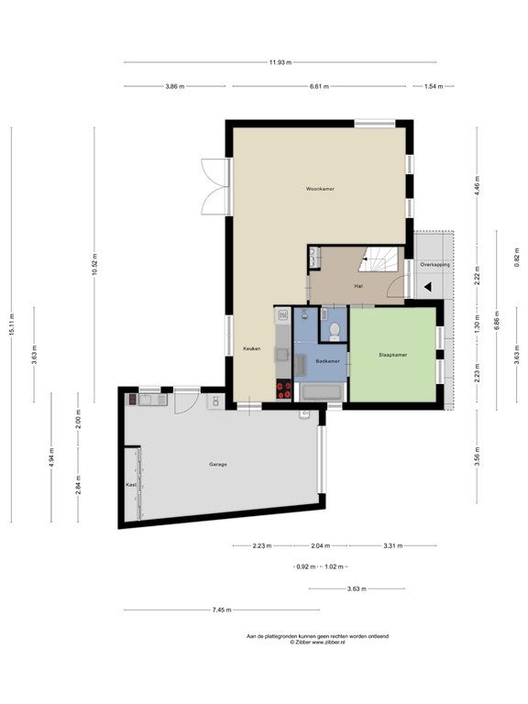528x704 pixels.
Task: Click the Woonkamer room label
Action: coord(320,189)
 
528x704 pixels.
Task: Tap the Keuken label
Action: coord(251,349)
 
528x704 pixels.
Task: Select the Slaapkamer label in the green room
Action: coord(393,355)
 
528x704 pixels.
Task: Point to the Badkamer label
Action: coord(328,361)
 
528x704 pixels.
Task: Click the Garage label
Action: coord(218,464)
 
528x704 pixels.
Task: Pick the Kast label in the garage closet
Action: coord(131,485)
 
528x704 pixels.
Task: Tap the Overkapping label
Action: coord(434,265)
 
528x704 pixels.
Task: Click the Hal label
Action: coord(358,286)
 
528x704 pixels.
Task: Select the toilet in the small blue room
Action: coord(334,331)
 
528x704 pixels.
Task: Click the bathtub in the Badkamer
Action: coord(322,392)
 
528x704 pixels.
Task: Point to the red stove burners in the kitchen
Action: coord(283,390)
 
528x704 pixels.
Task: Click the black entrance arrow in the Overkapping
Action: coord(428,286)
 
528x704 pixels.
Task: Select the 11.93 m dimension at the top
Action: coord(280,62)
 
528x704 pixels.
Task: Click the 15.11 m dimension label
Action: coord(11,324)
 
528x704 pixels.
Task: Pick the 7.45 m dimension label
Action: coord(222,610)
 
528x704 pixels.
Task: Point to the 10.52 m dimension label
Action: coord(94,264)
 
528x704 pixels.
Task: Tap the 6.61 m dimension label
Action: coord(319,86)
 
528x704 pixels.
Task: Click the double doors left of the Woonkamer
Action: coord(214,187)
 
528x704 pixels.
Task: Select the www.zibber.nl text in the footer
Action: coord(328,642)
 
